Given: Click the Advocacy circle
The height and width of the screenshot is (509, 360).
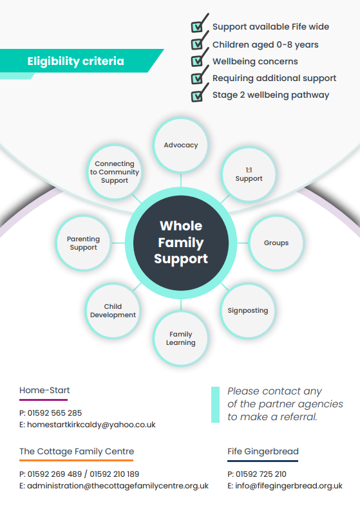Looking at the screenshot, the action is pos(181,145).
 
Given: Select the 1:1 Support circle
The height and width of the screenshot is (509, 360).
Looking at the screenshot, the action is pos(249,174).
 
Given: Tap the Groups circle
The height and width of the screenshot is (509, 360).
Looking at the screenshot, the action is pos(276,243).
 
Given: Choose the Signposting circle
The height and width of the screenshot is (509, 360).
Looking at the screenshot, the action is pos(248,311).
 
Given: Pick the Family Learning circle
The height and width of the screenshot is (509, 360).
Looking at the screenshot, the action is pos(181,338).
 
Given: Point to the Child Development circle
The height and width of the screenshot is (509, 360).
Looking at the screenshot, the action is pos(113,311).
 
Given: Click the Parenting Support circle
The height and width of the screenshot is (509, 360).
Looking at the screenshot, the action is pos(84,243).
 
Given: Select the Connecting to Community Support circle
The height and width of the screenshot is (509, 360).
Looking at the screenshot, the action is pos(115,172).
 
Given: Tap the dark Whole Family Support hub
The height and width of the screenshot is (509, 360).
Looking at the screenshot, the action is pos(181,243).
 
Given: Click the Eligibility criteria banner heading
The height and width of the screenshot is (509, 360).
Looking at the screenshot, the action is pos(76,61).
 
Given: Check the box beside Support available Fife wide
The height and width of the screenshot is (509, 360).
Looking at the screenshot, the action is pos(196,27).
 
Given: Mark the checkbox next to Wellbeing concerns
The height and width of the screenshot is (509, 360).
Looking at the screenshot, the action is pos(196,60).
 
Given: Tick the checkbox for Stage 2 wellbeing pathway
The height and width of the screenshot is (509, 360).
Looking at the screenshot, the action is pos(196,96).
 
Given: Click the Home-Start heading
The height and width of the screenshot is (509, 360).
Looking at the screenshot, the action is pos(44,390).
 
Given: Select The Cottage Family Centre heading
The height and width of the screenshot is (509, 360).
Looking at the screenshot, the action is pos(77,451).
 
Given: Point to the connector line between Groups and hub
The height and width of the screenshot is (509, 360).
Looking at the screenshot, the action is pos(243,243).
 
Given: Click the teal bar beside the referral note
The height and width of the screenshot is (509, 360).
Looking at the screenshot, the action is pos(215,405).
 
